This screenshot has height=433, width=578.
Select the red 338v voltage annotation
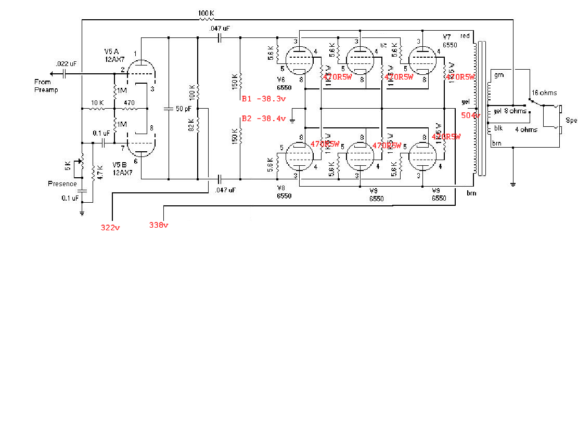[159, 225]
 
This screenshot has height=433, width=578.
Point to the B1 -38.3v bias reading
[264, 98]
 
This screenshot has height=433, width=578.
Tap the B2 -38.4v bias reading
[264, 119]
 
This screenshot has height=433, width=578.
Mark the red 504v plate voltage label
[470, 115]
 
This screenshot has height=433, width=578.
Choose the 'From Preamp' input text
[46, 86]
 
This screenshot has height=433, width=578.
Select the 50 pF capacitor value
[183, 109]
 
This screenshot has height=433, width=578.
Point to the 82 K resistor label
[191, 125]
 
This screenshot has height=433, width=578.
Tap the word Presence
[62, 183]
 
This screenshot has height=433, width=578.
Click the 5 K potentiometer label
[68, 166]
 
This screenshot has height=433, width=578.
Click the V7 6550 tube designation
[448, 42]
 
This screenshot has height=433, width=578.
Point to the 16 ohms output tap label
[544, 93]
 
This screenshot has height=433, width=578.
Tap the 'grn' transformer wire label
[499, 75]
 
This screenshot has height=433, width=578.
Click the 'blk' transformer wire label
[498, 128]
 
